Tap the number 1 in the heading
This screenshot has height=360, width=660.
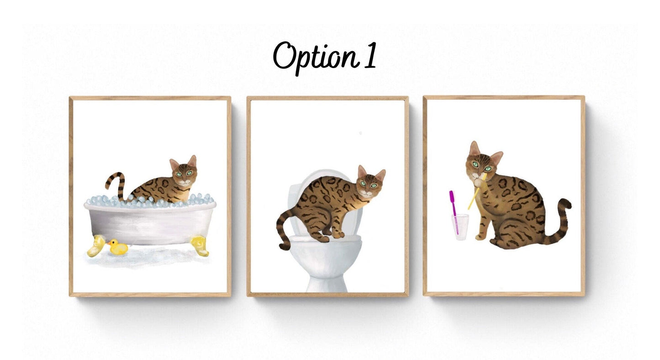[371, 55]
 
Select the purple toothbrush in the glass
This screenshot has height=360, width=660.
[454, 212]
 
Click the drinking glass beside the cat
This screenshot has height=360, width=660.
[460, 227]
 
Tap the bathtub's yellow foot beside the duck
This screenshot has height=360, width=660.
[96, 246]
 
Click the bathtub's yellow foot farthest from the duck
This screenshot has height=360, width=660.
[200, 246]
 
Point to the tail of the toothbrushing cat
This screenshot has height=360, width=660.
[558, 223]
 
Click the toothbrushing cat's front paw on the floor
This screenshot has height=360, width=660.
[480, 236]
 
